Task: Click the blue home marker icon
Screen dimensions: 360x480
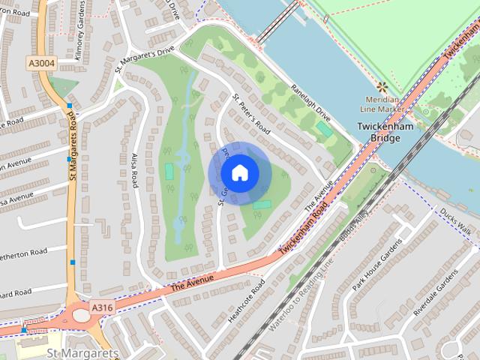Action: click(239, 173)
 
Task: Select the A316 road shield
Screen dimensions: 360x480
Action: click(104, 307)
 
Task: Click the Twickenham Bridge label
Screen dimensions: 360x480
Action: click(379, 133)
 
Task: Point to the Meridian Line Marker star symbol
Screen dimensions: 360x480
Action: click(382, 87)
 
